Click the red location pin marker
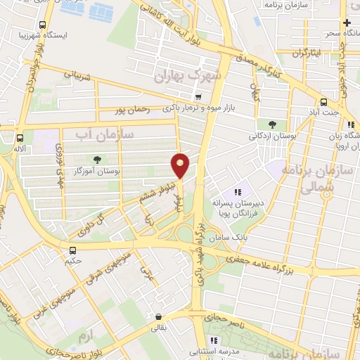pyautogui.click(x=180, y=165)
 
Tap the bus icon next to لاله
pyautogui.click(x=20, y=138)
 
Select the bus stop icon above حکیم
pyautogui.click(x=72, y=250)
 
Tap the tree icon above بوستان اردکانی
pyautogui.click(x=272, y=125)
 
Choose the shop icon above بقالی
pyautogui.click(x=160, y=316)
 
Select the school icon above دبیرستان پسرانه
pyautogui.click(x=237, y=192)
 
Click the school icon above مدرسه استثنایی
pyautogui.click(x=213, y=341)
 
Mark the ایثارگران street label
pyautogui.click(x=305, y=53)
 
